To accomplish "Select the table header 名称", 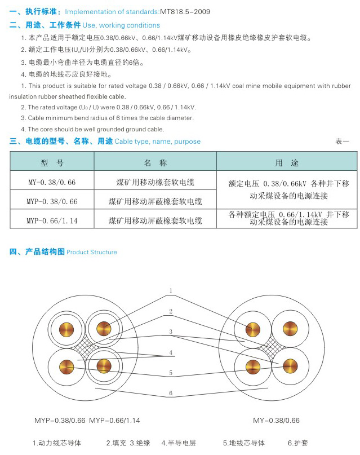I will click(x=155, y=163).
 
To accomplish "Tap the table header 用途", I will click(x=286, y=163).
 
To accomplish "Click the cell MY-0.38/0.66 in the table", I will click(x=52, y=182).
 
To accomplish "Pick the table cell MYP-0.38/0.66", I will click(x=52, y=201).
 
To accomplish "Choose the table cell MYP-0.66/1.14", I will click(x=52, y=219).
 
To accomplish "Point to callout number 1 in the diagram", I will click(x=171, y=291).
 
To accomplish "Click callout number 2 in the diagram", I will click(x=171, y=311).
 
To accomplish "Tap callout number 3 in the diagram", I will click(x=171, y=332).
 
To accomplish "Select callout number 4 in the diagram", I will click(x=171, y=352).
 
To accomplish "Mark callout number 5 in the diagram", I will click(x=171, y=373).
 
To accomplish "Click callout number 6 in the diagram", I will click(x=171, y=392).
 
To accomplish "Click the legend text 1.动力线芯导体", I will click(x=57, y=443).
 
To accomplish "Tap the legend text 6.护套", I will click(x=298, y=443).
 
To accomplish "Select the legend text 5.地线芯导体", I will click(x=243, y=443).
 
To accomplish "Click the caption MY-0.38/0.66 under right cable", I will click(x=276, y=420).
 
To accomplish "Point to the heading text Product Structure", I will click(x=92, y=252).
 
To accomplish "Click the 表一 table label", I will click(x=342, y=141).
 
